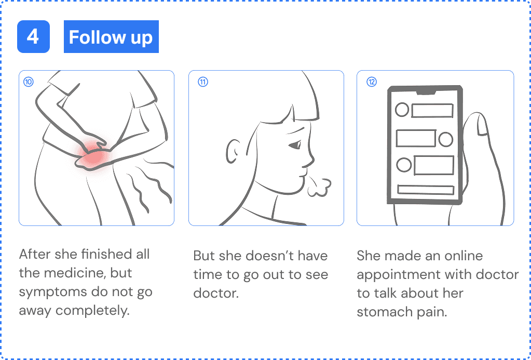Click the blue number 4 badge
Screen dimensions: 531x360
tap(33, 37)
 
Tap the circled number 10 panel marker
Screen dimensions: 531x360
tap(29, 82)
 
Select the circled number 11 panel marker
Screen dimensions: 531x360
tap(203, 82)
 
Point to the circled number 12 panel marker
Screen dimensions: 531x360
tap(372, 82)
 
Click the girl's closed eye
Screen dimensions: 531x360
tap(294, 145)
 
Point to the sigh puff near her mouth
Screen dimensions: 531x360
tap(318, 186)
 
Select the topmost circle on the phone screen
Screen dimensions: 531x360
tap(402, 110)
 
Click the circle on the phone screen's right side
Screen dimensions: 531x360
tap(445, 139)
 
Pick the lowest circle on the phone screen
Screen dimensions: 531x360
tap(403, 165)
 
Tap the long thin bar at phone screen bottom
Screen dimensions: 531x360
tap(425, 190)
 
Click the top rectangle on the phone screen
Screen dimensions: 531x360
tap(432, 110)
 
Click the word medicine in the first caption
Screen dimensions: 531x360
tap(62, 274)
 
